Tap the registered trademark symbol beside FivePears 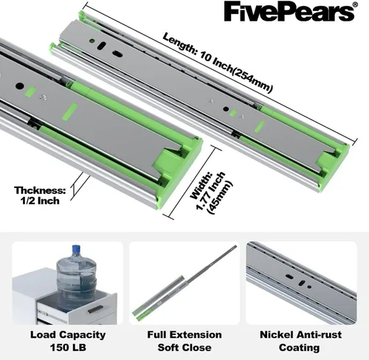click(354, 4)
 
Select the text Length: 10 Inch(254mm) click(218, 63)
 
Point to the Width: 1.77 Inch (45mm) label click(212, 193)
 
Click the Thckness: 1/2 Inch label click(40, 195)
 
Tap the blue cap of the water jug click(76, 249)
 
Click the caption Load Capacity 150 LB click(68, 341)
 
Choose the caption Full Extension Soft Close click(184, 341)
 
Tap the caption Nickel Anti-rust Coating click(300, 341)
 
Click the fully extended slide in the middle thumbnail click(184, 283)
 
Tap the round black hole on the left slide click(20, 86)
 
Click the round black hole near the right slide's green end click(226, 109)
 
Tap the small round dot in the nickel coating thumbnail click(309, 287)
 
